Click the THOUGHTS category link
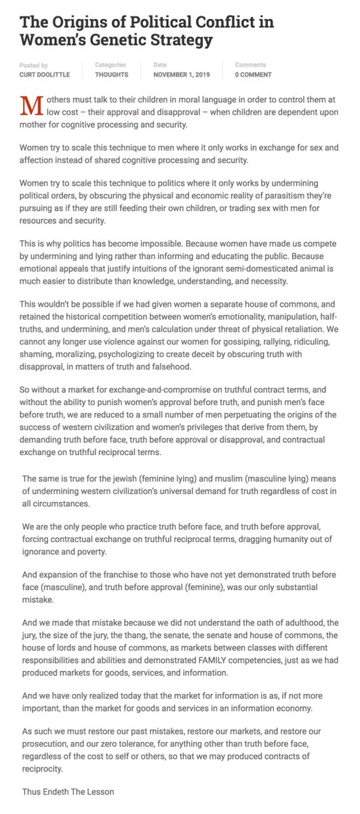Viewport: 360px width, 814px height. tap(112, 75)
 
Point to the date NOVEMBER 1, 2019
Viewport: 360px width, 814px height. tap(183, 75)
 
